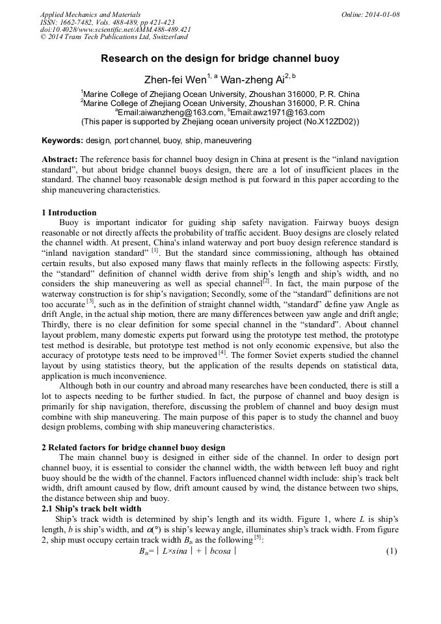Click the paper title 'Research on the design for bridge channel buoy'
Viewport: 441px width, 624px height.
[x=220, y=59]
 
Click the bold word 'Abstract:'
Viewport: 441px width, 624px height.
[x=60, y=159]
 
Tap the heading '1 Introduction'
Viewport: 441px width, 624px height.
[x=69, y=213]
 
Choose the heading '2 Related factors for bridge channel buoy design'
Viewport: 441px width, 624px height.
[x=133, y=448]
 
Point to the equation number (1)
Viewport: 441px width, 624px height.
[x=391, y=551]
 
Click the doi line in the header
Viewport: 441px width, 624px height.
[x=115, y=30]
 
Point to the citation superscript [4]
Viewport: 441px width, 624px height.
[x=222, y=352]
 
